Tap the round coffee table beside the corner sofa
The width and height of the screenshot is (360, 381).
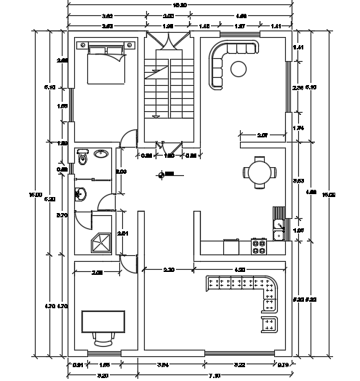(238, 68)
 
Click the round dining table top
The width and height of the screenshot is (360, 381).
(260, 173)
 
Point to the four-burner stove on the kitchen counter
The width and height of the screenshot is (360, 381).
(258, 246)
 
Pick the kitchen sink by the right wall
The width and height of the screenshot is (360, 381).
(278, 226)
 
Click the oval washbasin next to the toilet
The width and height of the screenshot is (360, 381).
(101, 153)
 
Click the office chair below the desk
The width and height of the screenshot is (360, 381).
(104, 337)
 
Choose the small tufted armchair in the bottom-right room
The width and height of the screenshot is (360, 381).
(269, 323)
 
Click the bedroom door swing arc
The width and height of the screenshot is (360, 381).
(128, 137)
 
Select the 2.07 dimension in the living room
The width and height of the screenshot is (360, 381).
(263, 135)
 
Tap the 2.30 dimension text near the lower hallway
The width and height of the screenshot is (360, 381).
(168, 270)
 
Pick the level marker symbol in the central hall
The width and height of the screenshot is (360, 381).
(168, 174)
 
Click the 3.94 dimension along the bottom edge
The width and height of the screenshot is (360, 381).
(163, 364)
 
